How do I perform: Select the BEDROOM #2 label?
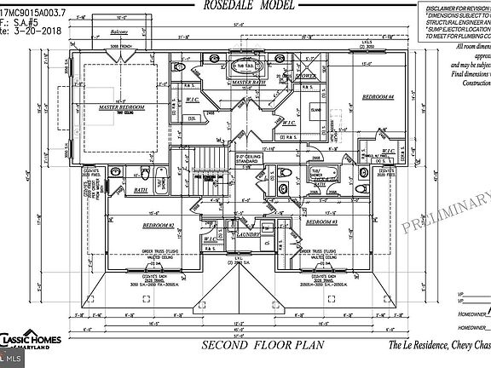pos(159,226)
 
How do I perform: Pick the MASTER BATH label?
pos(250,83)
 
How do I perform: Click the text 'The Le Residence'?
pos(419,346)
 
